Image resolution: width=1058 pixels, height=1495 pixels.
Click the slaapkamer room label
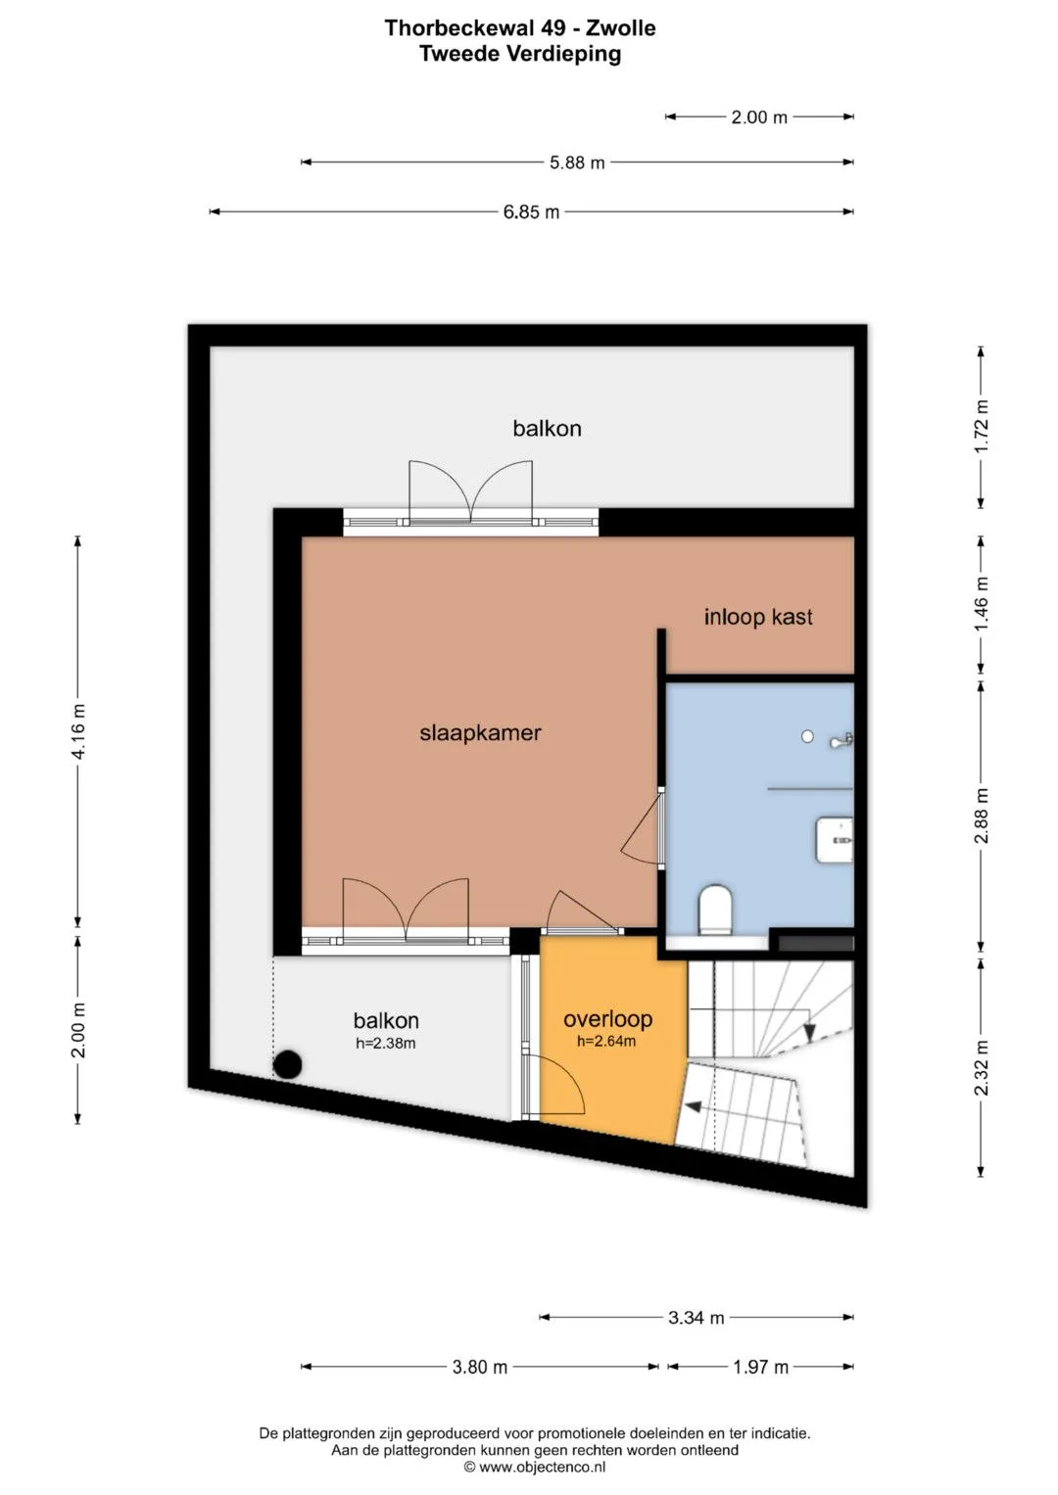pos(480,733)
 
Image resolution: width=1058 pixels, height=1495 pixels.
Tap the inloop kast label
pos(758,617)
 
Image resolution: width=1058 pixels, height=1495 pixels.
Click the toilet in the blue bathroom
pos(715,909)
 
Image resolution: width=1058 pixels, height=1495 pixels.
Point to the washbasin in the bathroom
pos(835,840)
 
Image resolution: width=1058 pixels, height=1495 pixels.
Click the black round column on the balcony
pos(288,1064)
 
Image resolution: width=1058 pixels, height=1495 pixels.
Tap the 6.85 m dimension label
pos(531,212)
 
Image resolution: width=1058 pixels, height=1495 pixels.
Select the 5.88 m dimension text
pos(577,163)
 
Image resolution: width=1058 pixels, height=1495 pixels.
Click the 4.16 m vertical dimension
pos(78,731)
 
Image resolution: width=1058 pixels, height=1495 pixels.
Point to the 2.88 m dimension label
pos(982,816)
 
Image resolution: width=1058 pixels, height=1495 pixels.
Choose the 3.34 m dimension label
pos(696,1318)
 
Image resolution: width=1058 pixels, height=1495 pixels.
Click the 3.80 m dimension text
pos(480,1367)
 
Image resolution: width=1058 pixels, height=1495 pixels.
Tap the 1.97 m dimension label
pos(761,1367)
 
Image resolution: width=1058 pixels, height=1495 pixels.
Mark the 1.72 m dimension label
pos(982,427)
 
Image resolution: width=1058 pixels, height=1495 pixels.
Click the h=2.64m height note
pos(606,1041)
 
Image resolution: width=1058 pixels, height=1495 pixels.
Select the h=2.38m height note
pos(385,1043)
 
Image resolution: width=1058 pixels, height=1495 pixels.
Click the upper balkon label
pos(547,429)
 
